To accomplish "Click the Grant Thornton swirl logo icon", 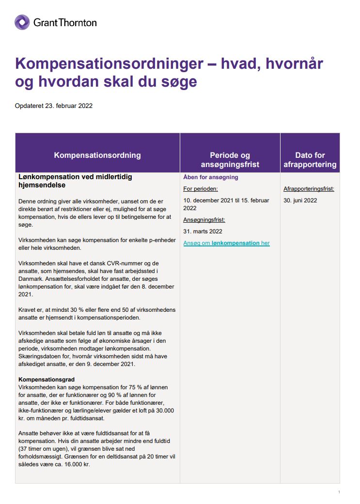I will tap(22, 22).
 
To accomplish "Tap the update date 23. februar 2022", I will tap(69, 106).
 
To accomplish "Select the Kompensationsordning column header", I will tap(97, 155).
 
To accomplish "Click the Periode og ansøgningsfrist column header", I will tap(230, 160).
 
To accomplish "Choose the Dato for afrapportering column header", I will tap(310, 160).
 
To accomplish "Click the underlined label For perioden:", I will tap(201, 189).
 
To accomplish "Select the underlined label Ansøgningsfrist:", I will tap(204, 220).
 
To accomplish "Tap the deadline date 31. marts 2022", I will tap(203, 231).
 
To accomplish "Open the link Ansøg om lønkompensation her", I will tap(226, 243).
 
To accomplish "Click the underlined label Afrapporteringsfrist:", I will tap(309, 189).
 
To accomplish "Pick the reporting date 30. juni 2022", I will tap(300, 200).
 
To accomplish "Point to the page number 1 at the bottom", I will tap(339, 492).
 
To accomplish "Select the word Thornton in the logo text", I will tap(79, 22).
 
